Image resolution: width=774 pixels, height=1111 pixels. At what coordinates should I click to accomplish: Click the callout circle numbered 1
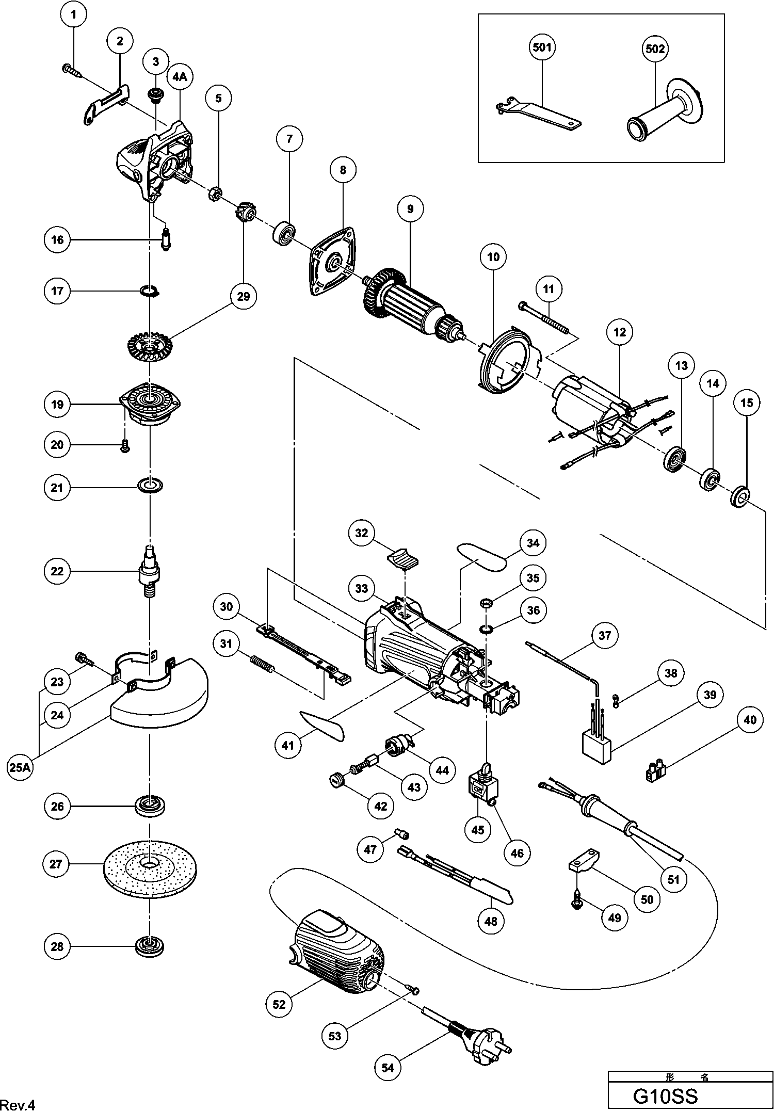point(73,15)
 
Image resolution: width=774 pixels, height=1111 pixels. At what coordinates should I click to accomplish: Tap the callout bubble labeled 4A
point(180,77)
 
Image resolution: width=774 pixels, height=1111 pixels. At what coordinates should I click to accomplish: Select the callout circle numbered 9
point(410,209)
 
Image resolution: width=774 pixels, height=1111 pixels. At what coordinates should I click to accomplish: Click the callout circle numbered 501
point(542,47)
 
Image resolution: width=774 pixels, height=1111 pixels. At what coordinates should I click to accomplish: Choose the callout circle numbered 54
point(388,1067)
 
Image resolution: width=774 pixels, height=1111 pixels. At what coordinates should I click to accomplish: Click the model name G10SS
point(665,1096)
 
